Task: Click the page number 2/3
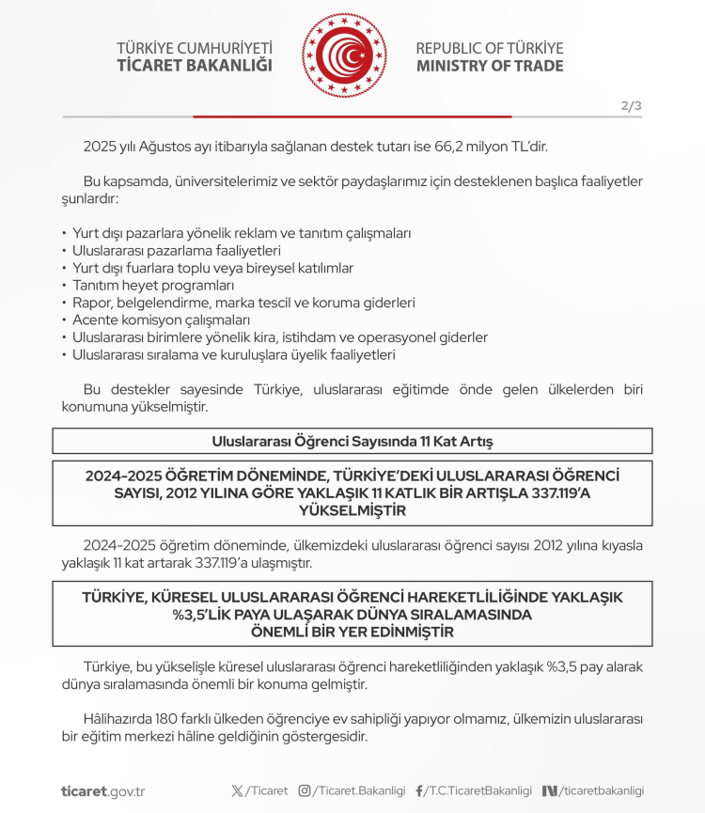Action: pos(631,105)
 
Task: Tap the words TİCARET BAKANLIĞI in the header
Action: pos(195,66)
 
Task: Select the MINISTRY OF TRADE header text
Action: pos(490,66)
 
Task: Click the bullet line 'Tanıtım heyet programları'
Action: pos(153,285)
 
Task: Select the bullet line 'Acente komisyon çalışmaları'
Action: pos(161,320)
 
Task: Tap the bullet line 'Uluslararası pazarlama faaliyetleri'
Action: pos(177,250)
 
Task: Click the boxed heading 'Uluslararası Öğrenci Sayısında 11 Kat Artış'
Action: pos(352,440)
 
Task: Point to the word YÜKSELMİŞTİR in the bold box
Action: pos(352,510)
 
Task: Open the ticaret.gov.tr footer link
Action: pos(102,791)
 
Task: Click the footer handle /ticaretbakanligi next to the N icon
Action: pos(602,791)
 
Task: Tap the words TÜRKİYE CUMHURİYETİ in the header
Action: pos(195,48)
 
